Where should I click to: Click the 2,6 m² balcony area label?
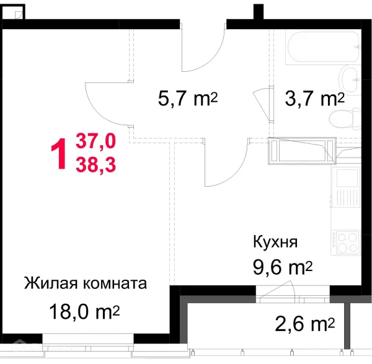click(x=304, y=323)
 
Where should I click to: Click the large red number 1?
click(x=60, y=154)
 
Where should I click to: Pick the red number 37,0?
click(x=95, y=142)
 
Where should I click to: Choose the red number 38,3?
click(x=95, y=164)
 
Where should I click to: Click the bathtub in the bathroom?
click(x=322, y=46)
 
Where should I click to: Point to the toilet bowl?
click(x=345, y=118)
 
